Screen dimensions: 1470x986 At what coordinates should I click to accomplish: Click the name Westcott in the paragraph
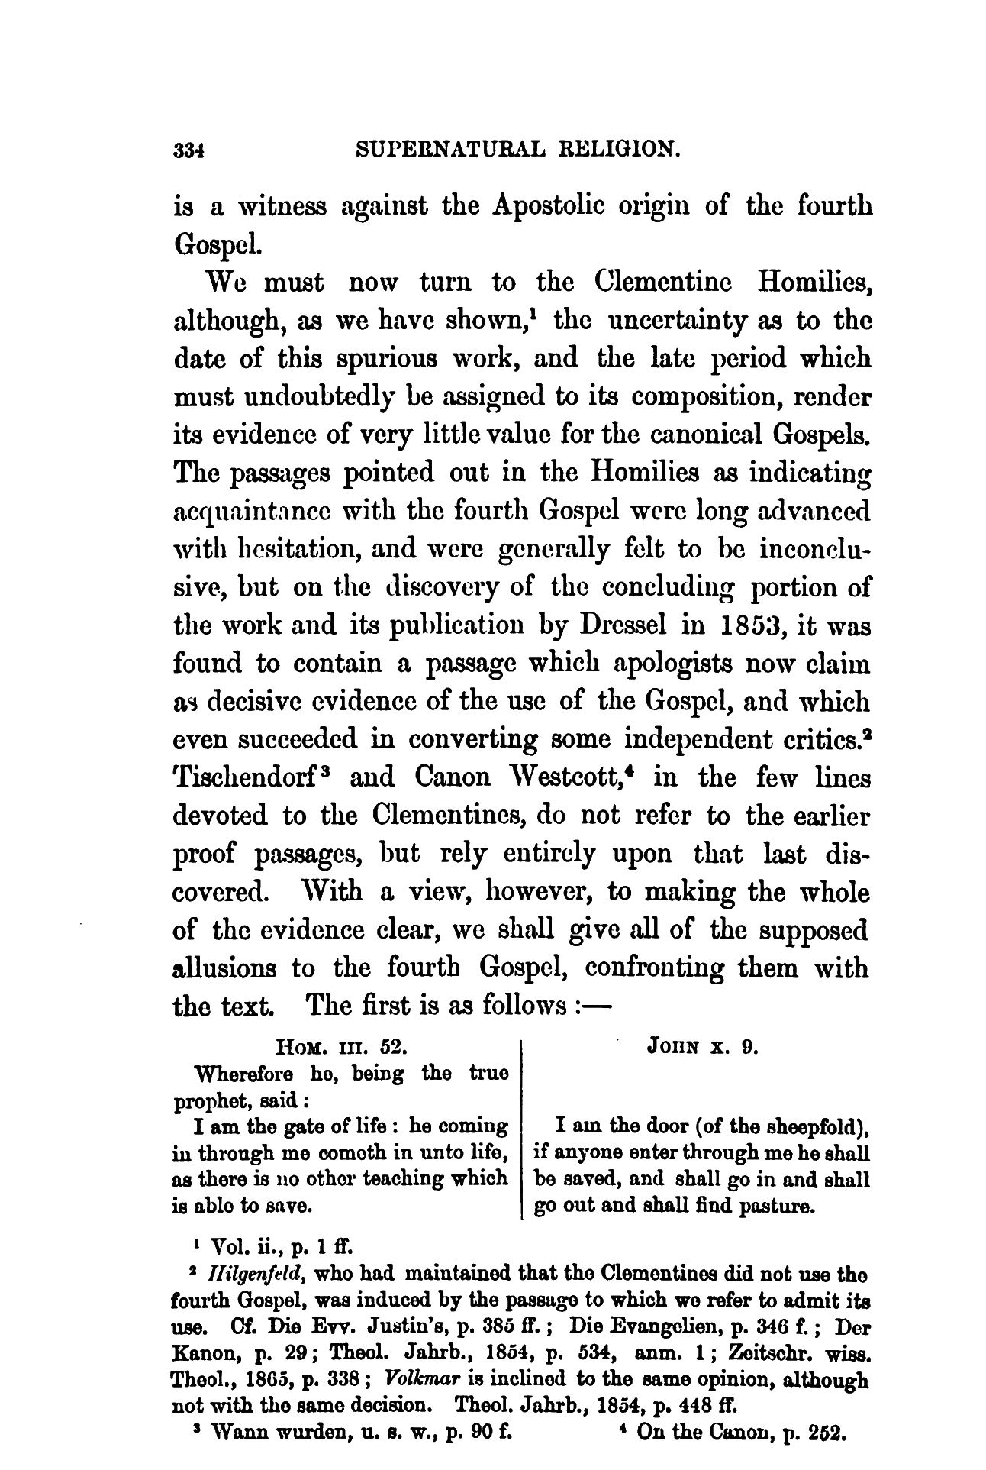(x=545, y=778)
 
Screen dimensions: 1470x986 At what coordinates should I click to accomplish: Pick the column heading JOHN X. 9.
(x=702, y=1048)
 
